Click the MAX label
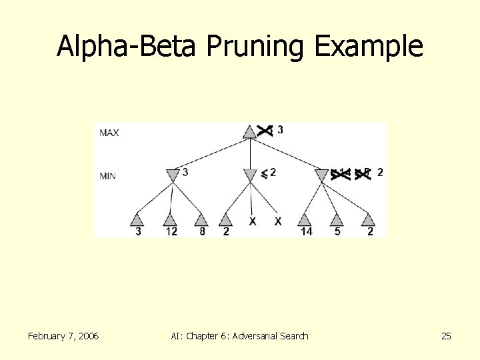coord(109,133)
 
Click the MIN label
coord(108,176)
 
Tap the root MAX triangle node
coord(249,131)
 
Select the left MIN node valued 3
coord(172,174)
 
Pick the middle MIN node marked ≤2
coord(250,174)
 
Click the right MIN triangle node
coord(321,175)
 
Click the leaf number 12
coord(171,232)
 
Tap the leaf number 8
coord(202,232)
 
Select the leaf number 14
coord(305,232)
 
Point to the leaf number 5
coord(337,232)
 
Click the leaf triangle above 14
coord(305,220)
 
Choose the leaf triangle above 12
coord(170,220)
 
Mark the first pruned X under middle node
coord(253,221)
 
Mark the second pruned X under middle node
coord(278,221)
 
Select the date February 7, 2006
coord(63,336)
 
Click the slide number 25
coord(446,336)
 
